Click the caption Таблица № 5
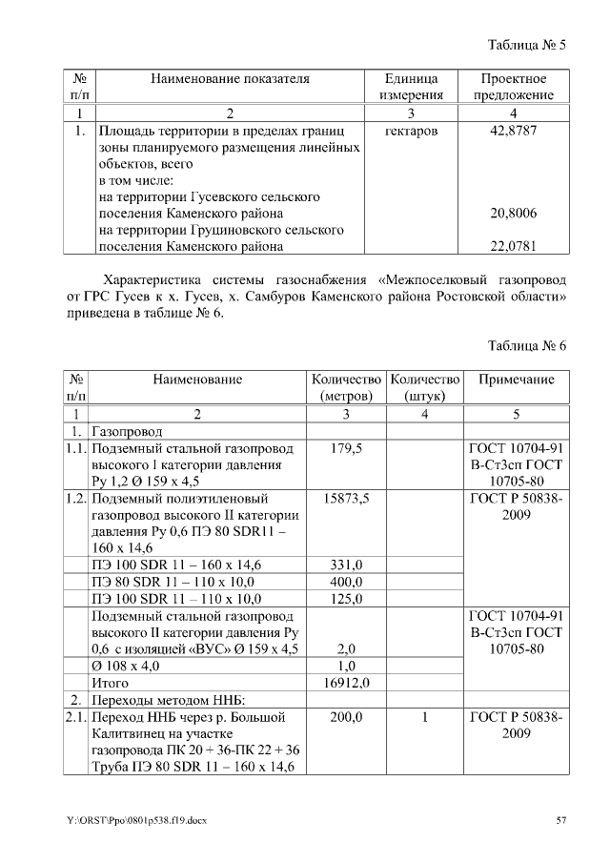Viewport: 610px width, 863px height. [527, 46]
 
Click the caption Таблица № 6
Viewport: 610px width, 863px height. [527, 345]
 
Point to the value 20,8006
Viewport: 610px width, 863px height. [513, 214]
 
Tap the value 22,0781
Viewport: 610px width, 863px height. [513, 247]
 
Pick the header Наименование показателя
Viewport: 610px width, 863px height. [230, 79]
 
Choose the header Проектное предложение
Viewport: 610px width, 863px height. [513, 87]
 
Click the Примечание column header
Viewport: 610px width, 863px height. [516, 380]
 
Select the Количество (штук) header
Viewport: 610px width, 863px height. [425, 387]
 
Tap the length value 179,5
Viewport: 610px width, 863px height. [346, 448]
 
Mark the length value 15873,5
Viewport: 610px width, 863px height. [346, 499]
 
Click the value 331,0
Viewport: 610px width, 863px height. [346, 565]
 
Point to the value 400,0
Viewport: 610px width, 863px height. [346, 582]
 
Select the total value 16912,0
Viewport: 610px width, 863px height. [346, 683]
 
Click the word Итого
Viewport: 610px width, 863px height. [109, 683]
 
